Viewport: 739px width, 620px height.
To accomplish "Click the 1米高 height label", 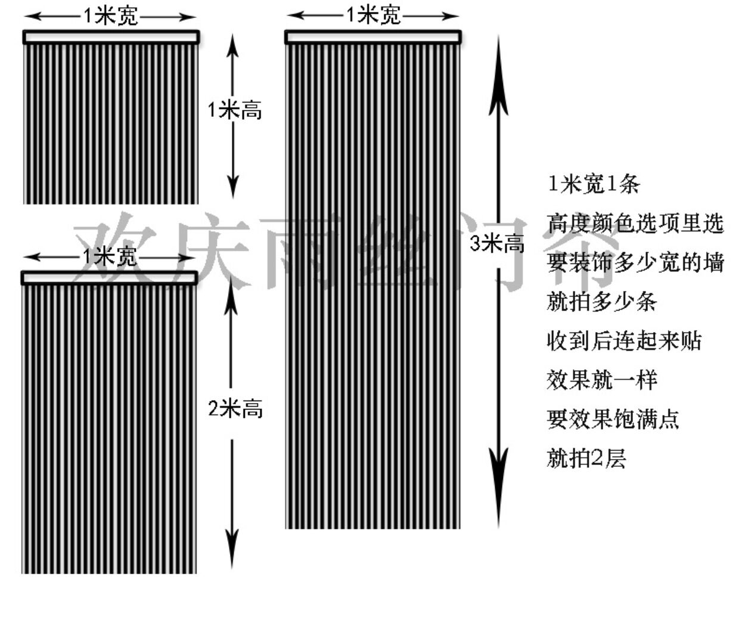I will (235, 110).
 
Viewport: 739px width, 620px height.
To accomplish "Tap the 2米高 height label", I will (235, 409).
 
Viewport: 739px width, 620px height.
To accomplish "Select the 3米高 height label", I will (497, 243).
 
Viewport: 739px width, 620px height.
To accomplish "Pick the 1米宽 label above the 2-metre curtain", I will (109, 257).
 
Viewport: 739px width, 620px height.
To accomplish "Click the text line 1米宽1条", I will (593, 184).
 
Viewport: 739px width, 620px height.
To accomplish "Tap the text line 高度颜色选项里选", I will (635, 224).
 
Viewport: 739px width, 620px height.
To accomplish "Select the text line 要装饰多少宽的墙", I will (635, 262).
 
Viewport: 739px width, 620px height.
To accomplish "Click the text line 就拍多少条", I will (601, 302).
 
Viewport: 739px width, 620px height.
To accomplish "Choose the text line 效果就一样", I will (601, 380).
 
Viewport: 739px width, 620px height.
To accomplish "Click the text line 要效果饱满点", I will (613, 419).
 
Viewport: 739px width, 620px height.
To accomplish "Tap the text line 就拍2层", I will (586, 458).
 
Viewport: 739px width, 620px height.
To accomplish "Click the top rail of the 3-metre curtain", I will (373, 38).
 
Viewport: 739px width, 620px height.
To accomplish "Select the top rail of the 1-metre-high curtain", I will (111, 37).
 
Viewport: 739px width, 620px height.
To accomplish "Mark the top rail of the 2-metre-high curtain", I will (109, 278).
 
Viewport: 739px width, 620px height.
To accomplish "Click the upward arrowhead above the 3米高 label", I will (498, 95).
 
